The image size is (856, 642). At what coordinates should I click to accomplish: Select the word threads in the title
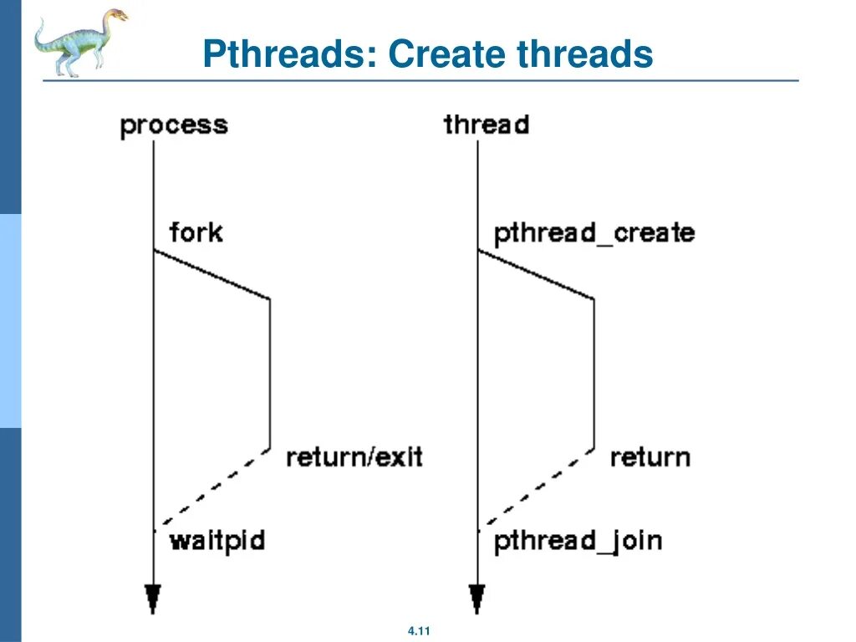(584, 55)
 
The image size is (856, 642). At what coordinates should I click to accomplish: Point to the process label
(174, 126)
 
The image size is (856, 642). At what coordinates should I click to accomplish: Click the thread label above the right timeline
(487, 125)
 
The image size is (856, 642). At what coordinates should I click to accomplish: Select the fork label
(196, 232)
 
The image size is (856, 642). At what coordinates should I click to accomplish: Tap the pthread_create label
(594, 233)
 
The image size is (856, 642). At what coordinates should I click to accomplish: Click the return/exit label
(354, 457)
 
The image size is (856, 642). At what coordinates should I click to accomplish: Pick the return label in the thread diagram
(650, 457)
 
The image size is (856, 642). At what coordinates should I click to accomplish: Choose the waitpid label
(217, 540)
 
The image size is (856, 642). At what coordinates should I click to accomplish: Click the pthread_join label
(578, 541)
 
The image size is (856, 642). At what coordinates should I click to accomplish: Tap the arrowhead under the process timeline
(153, 599)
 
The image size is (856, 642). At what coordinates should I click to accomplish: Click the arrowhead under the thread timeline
(477, 599)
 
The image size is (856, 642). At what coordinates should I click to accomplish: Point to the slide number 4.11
(419, 631)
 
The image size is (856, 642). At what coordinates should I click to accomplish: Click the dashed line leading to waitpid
(213, 488)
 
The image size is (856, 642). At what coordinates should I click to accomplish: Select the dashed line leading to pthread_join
(538, 488)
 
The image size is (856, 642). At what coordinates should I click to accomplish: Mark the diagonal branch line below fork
(212, 274)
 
